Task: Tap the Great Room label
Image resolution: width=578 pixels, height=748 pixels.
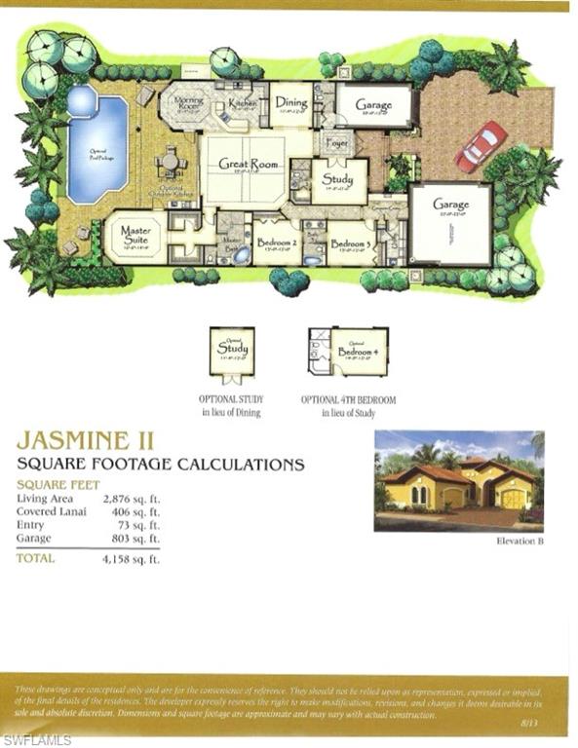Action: [x=244, y=165]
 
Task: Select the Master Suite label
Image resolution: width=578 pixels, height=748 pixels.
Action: [x=135, y=234]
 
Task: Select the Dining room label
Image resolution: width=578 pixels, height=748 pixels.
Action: [x=290, y=101]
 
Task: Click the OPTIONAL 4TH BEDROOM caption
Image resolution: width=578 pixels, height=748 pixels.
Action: [x=348, y=399]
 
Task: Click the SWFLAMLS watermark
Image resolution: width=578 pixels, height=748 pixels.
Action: [x=37, y=739]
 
